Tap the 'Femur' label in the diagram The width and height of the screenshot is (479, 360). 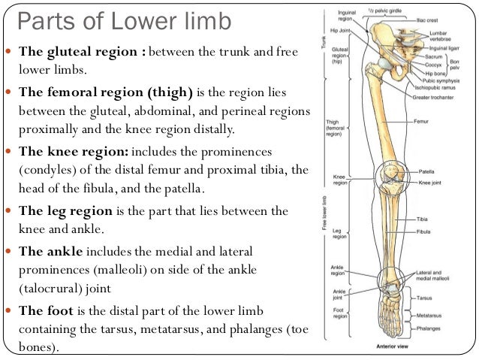pos(421,120)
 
